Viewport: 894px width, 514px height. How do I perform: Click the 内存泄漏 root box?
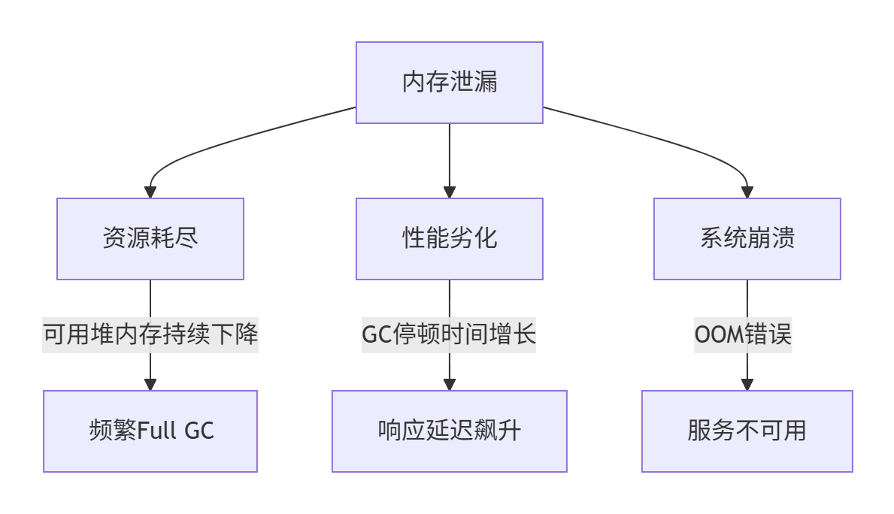[x=449, y=83]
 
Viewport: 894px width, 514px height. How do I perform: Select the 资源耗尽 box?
[x=150, y=239]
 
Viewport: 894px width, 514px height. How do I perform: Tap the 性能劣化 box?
[x=449, y=239]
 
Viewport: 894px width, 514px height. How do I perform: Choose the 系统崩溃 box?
[x=747, y=239]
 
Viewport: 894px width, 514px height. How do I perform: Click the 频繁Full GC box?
[x=150, y=431]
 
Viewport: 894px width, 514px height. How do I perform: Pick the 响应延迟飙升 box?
[x=449, y=431]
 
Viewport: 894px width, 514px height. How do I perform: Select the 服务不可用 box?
[x=747, y=431]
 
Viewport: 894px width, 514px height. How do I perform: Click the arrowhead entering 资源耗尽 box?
[x=150, y=192]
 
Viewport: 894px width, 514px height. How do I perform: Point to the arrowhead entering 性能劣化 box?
[x=449, y=192]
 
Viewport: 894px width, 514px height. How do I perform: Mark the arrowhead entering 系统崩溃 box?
[x=747, y=192]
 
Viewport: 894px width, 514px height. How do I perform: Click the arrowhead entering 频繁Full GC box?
[x=150, y=385]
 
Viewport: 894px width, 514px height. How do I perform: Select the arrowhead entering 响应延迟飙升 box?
[x=449, y=385]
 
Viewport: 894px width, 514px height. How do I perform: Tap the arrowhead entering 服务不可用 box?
[x=747, y=385]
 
